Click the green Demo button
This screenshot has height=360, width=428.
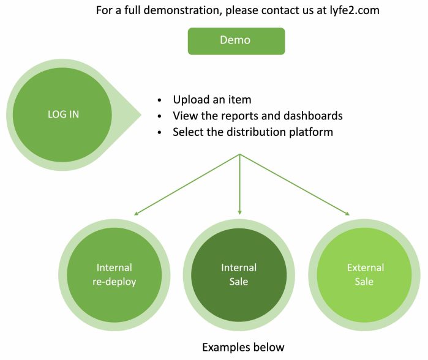point(236,40)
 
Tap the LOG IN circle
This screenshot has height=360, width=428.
point(63,114)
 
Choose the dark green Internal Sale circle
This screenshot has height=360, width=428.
point(238,274)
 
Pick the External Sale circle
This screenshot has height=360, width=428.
point(365,274)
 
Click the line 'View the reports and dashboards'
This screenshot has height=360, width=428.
point(257,116)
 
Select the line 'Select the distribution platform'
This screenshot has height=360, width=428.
point(253,132)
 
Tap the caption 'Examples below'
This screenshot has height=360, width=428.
point(243,347)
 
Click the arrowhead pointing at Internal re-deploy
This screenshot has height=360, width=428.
point(136,214)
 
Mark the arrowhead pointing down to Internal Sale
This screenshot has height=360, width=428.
point(239,211)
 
